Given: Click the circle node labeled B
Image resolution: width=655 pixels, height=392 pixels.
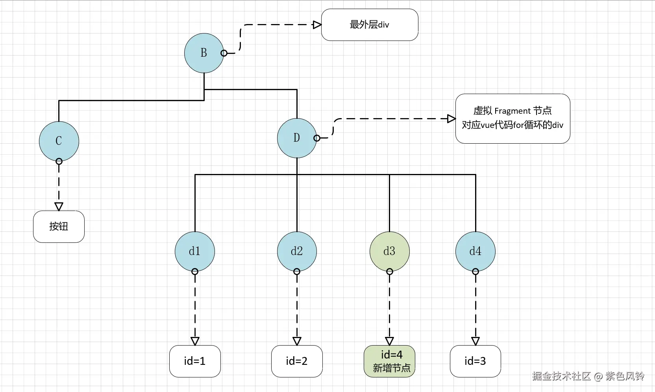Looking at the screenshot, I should [204, 53].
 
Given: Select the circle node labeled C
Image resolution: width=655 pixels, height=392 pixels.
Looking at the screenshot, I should [59, 141].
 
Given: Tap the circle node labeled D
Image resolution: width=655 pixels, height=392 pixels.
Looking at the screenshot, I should [297, 138].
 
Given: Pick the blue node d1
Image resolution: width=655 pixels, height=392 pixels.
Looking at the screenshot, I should [195, 251].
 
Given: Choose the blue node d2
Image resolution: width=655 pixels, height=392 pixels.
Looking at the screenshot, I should [297, 251].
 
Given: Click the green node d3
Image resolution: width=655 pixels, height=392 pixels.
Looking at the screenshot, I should [390, 251].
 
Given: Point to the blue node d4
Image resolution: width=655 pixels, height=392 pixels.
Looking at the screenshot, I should [476, 251].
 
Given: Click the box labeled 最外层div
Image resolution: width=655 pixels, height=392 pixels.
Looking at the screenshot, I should [370, 25].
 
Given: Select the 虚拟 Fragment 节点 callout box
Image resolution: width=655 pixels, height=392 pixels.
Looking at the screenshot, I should [513, 118].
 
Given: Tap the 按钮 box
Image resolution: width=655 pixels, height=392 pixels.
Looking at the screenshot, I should [59, 227].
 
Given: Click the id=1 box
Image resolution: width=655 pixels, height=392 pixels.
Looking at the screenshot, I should [195, 361].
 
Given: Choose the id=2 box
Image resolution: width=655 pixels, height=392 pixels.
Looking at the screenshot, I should [297, 361].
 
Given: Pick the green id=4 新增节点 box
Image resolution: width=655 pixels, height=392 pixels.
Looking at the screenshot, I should [390, 361].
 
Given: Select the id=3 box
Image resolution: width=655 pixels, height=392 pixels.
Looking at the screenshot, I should [476, 361].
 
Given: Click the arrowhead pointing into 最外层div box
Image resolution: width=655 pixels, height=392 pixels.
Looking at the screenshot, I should [317, 25].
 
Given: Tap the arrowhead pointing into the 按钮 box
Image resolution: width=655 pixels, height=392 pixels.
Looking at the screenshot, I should [59, 207].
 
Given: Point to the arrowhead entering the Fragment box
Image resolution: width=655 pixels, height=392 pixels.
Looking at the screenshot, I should [451, 118].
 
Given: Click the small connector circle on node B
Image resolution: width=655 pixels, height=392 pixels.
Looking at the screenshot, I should [224, 53].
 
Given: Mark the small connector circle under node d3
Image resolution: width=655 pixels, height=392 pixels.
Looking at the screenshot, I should [390, 272].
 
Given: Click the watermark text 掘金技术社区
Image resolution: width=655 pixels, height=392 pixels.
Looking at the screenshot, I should [561, 376].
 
